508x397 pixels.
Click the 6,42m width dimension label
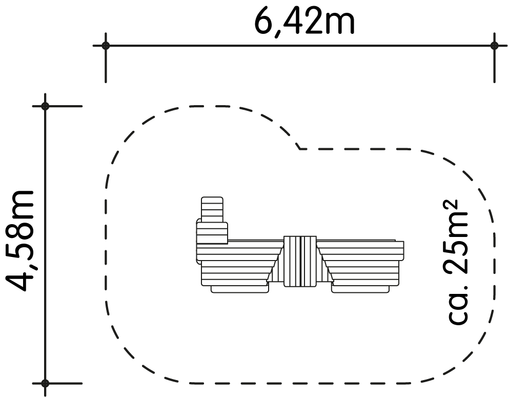pos(304,22)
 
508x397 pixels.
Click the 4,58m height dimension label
pos(19,241)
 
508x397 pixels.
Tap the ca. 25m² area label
pos(457,262)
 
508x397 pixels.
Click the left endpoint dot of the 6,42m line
pos(106,46)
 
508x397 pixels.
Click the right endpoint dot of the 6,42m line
pos(494,46)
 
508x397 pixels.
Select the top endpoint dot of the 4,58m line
pos(45,106)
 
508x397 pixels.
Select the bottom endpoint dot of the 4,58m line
pos(45,383)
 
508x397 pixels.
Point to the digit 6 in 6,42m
pos(264,22)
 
